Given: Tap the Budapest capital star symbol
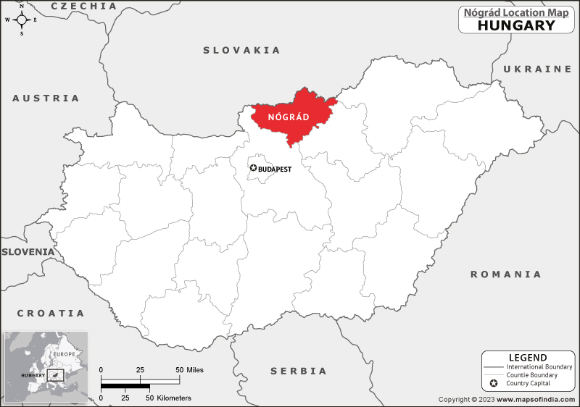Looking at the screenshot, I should tap(253, 168).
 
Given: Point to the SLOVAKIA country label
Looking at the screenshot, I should tap(241, 50).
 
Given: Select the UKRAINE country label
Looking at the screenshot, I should tap(537, 69).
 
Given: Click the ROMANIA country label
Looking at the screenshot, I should tap(505, 274).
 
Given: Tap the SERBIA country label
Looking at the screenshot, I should tap(299, 371).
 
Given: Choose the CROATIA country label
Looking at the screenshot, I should tap(51, 314).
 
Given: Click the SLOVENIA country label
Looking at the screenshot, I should tap(28, 251).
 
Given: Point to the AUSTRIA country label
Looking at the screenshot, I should tap(46, 98).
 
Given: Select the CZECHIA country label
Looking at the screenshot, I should tap(84, 6).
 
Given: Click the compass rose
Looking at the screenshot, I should tap(21, 20).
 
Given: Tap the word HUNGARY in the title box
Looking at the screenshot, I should tap(516, 25).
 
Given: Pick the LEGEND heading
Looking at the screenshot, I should tap(527, 358).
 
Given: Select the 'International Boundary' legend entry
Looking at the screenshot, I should tap(539, 367).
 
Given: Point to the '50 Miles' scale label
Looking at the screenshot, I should tap(191, 370).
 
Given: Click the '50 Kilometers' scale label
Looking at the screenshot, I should tap(170, 398).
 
